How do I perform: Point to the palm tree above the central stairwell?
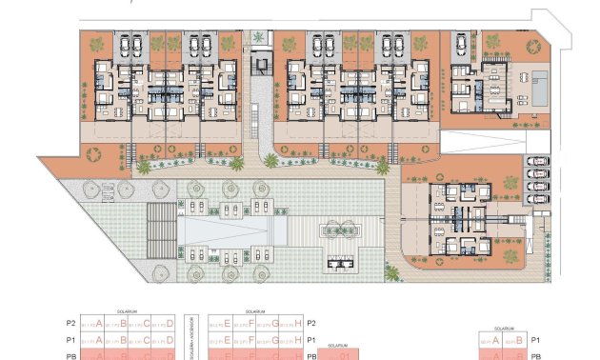point(259,37)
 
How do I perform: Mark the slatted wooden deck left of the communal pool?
point(162,230)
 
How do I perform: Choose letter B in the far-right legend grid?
point(518,340)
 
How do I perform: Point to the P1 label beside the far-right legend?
point(536,340)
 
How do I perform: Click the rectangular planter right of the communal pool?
point(342,229)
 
